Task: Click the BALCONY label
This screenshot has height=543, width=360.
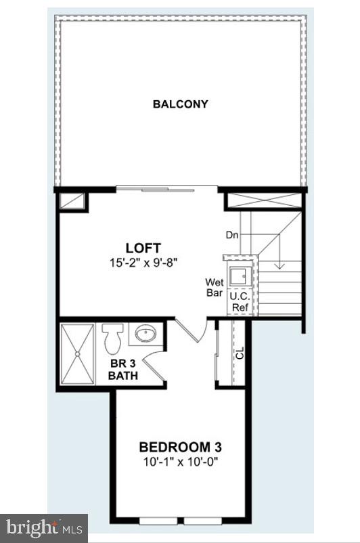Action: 180,104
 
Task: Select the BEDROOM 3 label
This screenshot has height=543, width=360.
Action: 180,448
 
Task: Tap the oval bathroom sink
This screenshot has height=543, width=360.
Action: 145,333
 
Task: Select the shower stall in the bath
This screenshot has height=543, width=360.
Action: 78,353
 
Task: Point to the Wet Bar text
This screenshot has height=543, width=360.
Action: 215,288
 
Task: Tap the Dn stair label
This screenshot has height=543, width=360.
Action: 232,235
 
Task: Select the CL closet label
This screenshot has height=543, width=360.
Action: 240,353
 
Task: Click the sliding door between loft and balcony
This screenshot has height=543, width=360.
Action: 166,189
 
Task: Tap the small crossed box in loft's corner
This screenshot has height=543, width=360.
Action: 72,201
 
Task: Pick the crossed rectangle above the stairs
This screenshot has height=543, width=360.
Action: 263,200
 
